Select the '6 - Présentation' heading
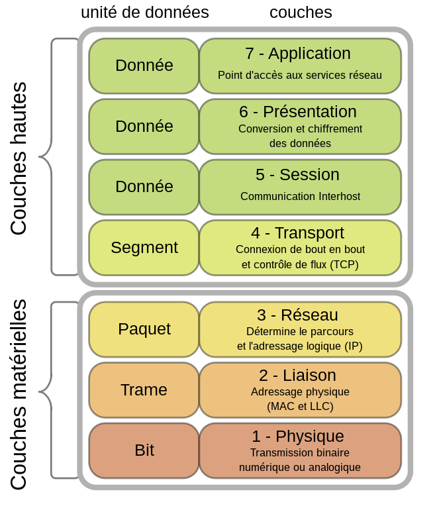(298, 112)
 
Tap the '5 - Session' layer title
(297, 175)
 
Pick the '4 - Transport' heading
(297, 233)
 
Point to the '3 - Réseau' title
(297, 315)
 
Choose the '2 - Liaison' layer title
(297, 376)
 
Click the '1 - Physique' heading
(297, 437)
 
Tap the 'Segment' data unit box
(144, 248)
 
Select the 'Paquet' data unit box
(144, 329)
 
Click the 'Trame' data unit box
(144, 390)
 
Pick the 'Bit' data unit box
(144, 450)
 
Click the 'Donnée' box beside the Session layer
(144, 187)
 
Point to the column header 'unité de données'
(144, 13)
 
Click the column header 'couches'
(301, 13)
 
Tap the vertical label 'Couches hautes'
(19, 158)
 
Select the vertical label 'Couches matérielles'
(19, 395)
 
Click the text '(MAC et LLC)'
(300, 406)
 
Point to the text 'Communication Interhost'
(300, 196)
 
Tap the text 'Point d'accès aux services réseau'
(300, 76)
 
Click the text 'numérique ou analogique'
(300, 467)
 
